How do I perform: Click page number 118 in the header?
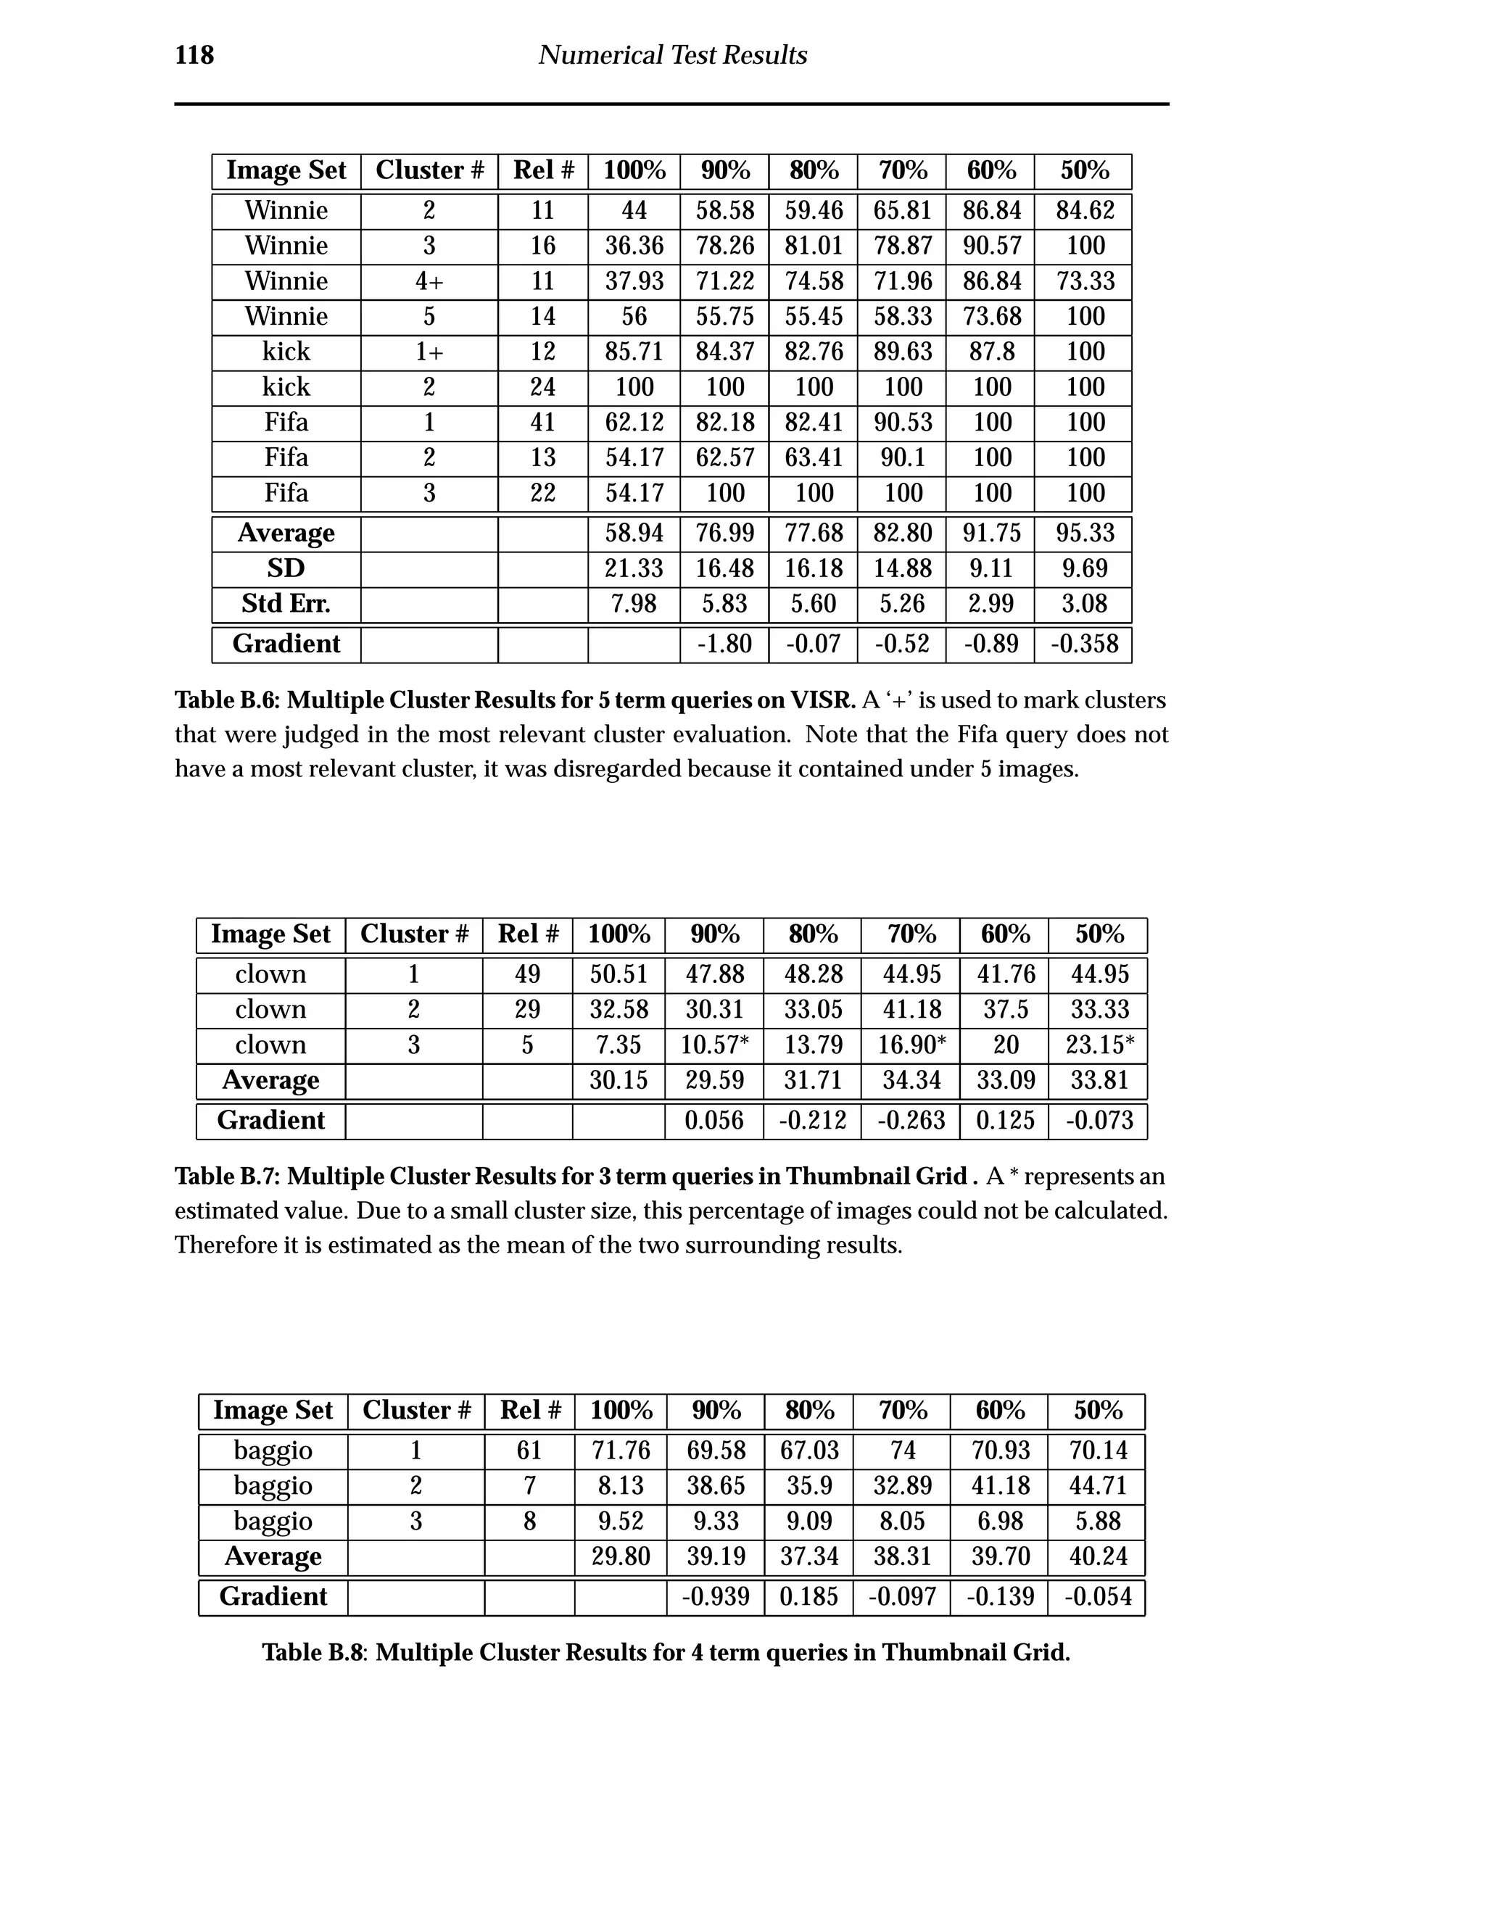[194, 55]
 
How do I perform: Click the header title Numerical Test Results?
[672, 55]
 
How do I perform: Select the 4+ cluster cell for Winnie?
[429, 281]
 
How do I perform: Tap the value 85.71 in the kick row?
[634, 352]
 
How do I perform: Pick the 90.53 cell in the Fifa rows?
[902, 422]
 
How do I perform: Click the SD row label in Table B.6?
[286, 569]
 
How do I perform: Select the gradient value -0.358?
[1084, 644]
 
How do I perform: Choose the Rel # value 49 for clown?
[527, 974]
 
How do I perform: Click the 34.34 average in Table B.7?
[911, 1080]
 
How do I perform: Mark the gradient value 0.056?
[713, 1121]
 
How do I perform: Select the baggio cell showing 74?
[902, 1451]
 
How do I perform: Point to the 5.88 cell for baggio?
[1097, 1521]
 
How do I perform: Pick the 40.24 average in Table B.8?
[1097, 1556]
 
